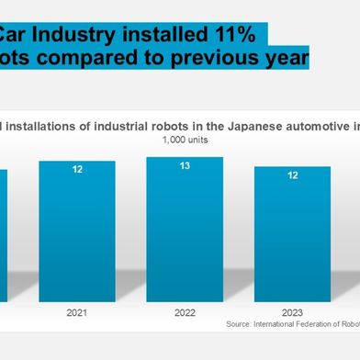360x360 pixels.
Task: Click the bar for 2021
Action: [77, 230]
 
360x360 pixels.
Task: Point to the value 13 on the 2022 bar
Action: [185, 166]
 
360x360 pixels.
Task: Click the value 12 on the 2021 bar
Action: [77, 171]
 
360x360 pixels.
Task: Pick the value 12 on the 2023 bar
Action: [292, 175]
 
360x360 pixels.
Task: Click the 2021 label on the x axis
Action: [77, 312]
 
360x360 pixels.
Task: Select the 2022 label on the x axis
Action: [185, 312]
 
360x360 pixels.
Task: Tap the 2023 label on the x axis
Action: [292, 312]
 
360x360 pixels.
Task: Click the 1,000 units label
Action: [184, 140]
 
